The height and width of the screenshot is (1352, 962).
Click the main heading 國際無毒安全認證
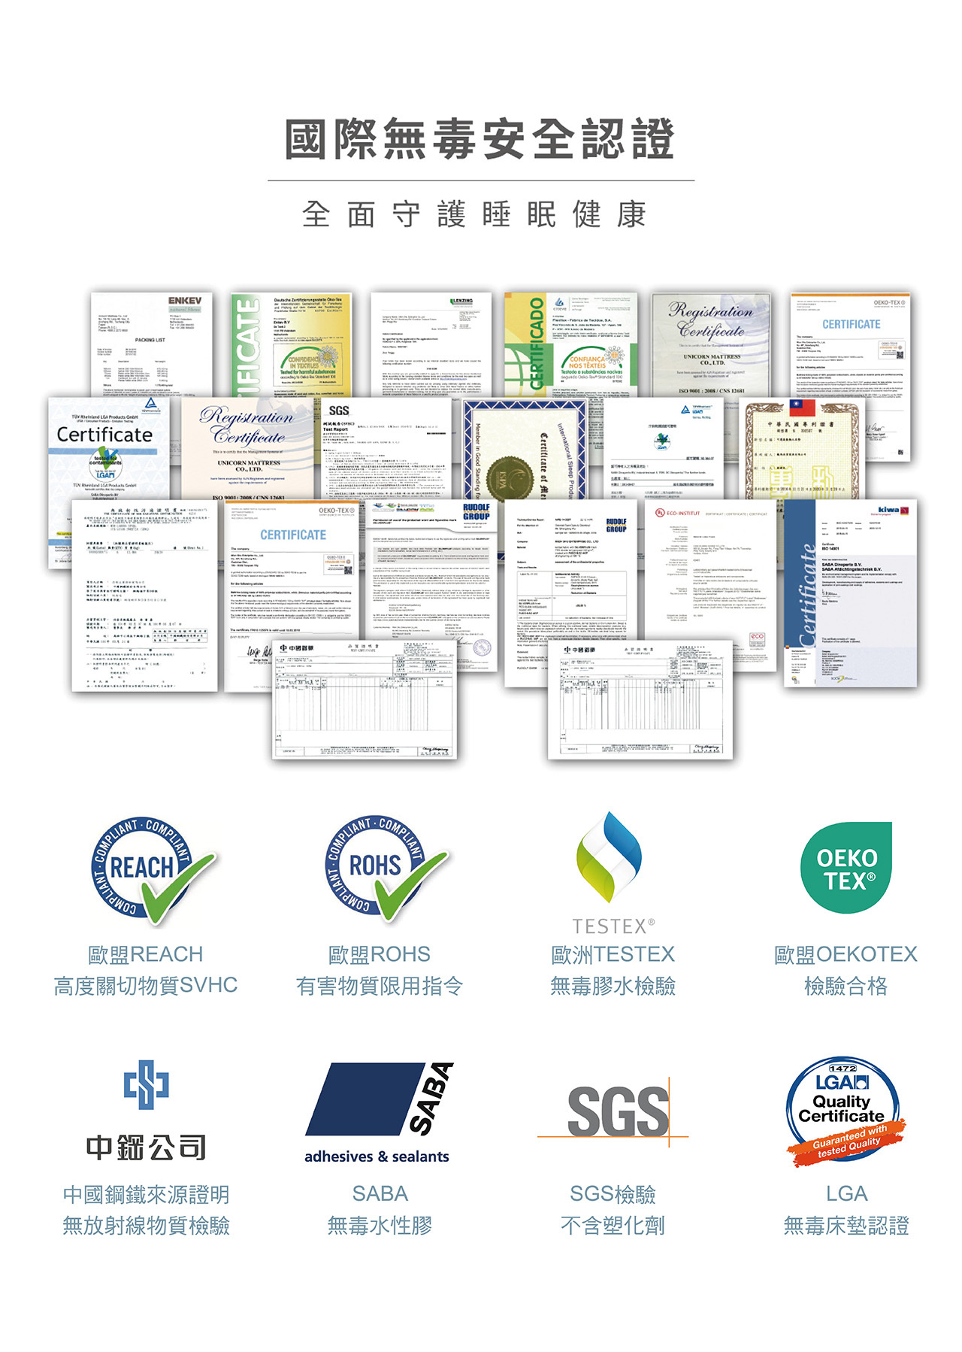pyautogui.click(x=479, y=139)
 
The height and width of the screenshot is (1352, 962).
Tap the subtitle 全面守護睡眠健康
pyautogui.click(x=474, y=214)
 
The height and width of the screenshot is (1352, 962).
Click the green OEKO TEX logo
pyautogui.click(x=846, y=868)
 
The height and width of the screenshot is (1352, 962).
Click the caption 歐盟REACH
pyautogui.click(x=146, y=954)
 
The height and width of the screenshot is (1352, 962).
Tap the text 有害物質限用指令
pyautogui.click(x=380, y=986)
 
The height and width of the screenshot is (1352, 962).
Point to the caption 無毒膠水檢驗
pyautogui.click(x=613, y=986)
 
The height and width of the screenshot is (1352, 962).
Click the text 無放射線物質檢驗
pyautogui.click(x=146, y=1226)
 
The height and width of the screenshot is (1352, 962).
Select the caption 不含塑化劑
pyautogui.click(x=613, y=1226)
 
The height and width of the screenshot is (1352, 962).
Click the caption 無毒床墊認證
pyautogui.click(x=846, y=1226)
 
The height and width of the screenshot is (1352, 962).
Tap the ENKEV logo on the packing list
pyautogui.click(x=184, y=301)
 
